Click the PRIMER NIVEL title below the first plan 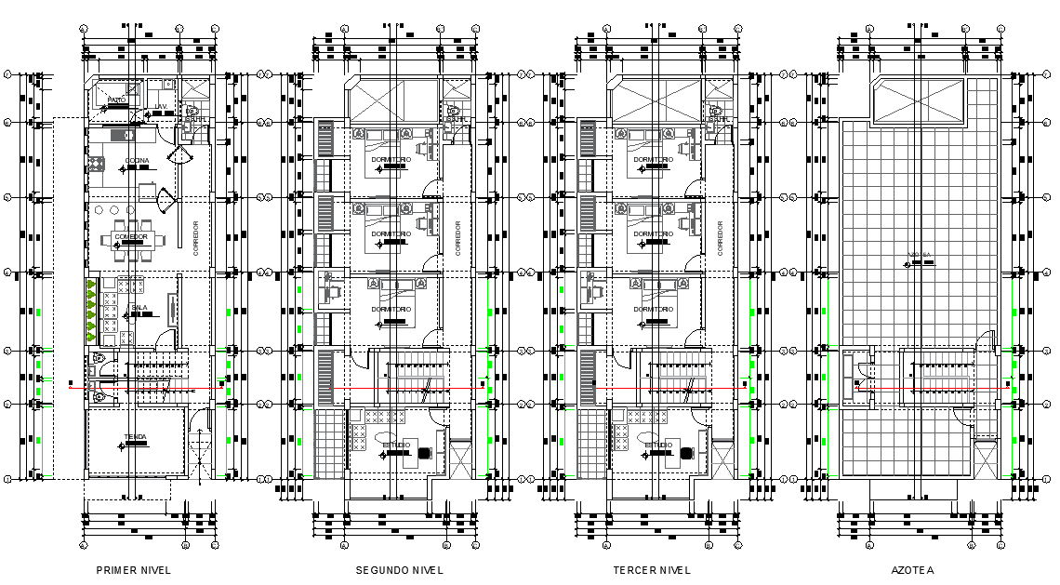point(134,570)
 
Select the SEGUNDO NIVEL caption point(399,570)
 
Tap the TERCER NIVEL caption point(652,570)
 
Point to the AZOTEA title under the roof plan point(911,570)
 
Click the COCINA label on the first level point(137,161)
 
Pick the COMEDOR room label point(131,237)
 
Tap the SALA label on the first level point(139,307)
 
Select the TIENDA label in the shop point(135,437)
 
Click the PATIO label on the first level point(116,99)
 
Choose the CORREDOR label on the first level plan point(196,237)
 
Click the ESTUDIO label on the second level point(396,445)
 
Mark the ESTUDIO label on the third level point(657,445)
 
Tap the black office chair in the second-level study point(425,453)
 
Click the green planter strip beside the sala point(91,309)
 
